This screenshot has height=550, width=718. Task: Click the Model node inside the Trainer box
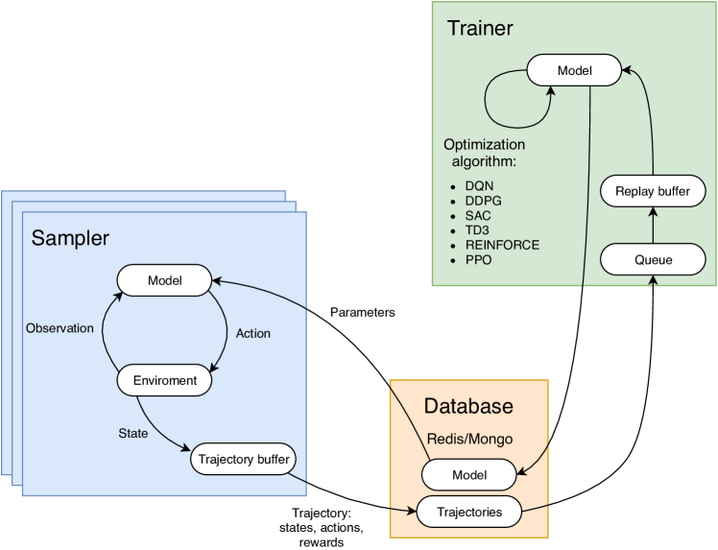[574, 70]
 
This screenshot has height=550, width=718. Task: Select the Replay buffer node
[652, 192]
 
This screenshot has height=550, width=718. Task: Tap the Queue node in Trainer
[652, 259]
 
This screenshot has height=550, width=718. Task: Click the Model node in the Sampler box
[163, 280]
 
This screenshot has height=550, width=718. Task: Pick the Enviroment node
[163, 381]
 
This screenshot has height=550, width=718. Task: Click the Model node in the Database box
[468, 474]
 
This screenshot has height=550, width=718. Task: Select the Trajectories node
[468, 512]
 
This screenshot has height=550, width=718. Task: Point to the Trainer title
[480, 28]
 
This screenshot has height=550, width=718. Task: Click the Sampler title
[71, 237]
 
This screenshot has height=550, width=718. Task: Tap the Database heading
[469, 407]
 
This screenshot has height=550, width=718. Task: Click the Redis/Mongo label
[468, 439]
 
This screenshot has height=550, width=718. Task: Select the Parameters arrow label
[362, 313]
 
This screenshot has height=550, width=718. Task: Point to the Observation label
[60, 328]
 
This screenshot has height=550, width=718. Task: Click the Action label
[252, 334]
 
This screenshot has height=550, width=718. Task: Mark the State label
[133, 433]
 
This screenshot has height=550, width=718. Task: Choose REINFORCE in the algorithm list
[500, 245]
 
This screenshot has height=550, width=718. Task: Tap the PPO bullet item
[476, 260]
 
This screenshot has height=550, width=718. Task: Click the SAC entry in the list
[475, 215]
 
